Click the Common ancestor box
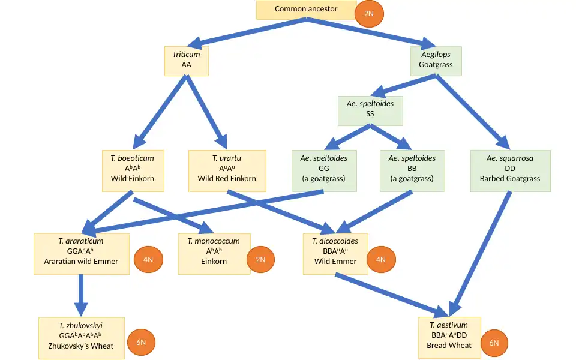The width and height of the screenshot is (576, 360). point(306,10)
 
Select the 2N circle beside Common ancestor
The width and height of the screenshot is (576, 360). point(369,13)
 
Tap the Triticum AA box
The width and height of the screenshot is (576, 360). point(187,61)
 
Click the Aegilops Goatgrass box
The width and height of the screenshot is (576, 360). point(436,61)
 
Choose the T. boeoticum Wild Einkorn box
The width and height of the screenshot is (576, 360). point(132,170)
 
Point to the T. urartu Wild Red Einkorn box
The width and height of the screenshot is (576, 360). point(227,170)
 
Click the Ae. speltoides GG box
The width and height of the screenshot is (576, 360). point(323,170)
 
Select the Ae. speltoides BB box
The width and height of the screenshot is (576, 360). point(412,170)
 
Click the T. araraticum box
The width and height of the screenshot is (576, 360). point(82,253)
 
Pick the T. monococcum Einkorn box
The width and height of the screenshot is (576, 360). point(214,253)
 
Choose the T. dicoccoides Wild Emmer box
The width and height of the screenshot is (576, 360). point(335,253)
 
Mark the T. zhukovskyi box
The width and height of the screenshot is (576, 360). point(82,338)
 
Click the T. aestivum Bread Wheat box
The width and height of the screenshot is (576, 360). point(449,337)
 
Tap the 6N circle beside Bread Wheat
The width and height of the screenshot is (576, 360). point(494,343)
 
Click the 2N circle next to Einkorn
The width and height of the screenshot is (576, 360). point(260,259)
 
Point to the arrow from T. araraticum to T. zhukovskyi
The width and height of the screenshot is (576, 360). point(82,291)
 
